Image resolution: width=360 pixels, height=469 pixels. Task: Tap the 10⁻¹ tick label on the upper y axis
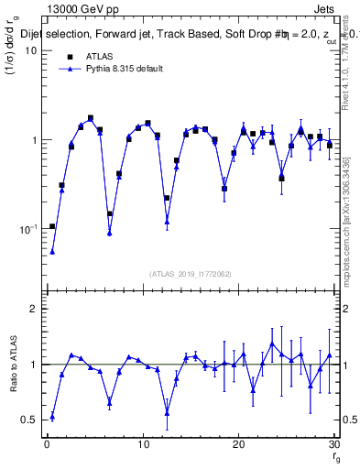click(x=27, y=229)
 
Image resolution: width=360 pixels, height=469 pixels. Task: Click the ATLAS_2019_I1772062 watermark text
click(x=191, y=273)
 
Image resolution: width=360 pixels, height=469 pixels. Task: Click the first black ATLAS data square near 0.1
click(x=52, y=226)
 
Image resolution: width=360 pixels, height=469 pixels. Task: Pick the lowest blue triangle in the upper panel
click(x=52, y=251)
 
